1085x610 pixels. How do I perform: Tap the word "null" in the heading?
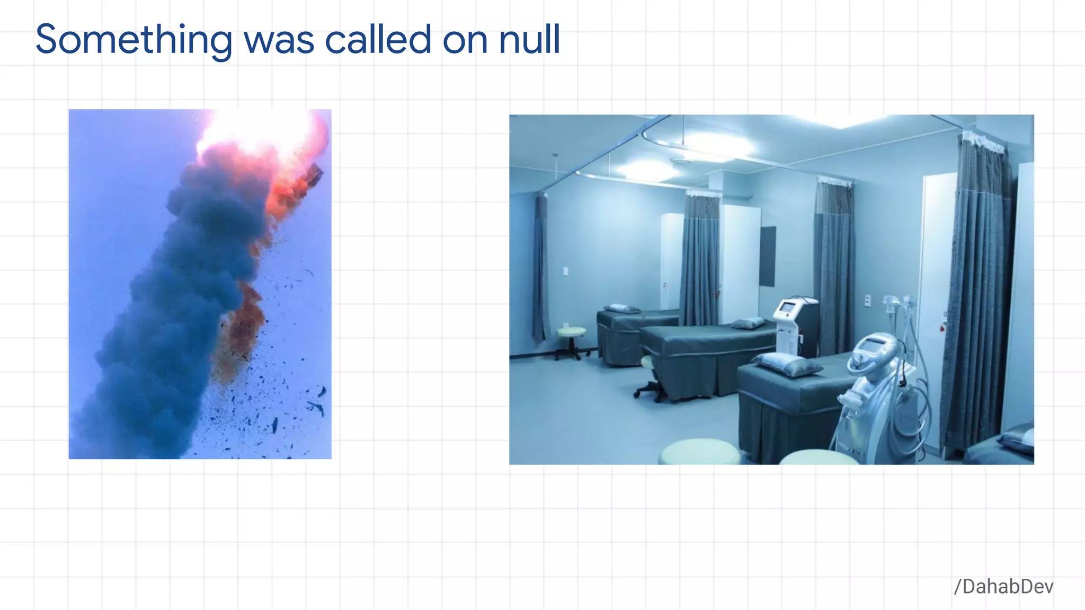click(x=529, y=40)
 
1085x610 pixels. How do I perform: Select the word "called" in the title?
click(x=378, y=40)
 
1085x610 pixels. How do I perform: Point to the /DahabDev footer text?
click(x=1003, y=587)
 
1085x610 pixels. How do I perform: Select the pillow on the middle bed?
click(x=748, y=322)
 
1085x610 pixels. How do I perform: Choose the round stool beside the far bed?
click(x=571, y=333)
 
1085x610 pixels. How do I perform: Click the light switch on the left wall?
click(x=565, y=271)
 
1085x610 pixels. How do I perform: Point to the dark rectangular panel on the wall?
click(x=767, y=256)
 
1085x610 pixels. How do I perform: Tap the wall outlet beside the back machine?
click(x=867, y=300)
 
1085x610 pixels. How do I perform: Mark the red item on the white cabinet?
click(x=943, y=327)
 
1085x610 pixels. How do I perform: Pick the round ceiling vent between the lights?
click(x=681, y=160)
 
